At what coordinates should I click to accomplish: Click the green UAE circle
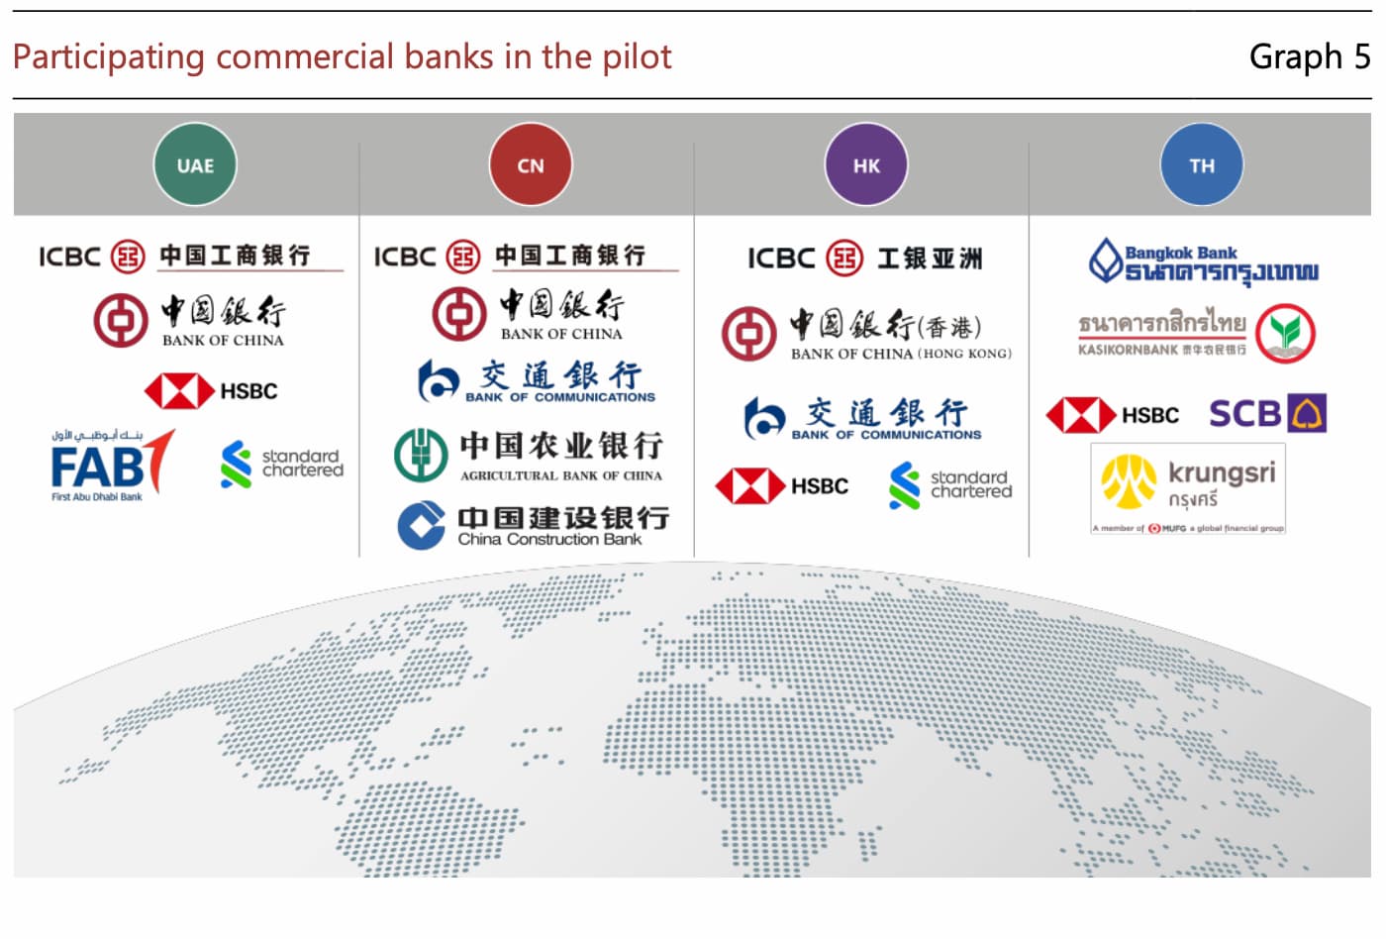click(x=195, y=164)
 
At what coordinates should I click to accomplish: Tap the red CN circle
click(x=531, y=164)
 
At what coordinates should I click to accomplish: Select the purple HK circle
click(x=866, y=164)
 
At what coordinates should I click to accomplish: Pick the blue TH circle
click(x=1202, y=164)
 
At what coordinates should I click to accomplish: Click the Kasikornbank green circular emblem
click(x=1285, y=334)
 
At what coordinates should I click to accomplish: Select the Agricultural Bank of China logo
click(x=529, y=455)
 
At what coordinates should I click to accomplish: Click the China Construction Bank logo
click(x=534, y=525)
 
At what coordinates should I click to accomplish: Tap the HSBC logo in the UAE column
click(x=211, y=391)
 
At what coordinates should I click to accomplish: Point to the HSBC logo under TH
click(x=1113, y=415)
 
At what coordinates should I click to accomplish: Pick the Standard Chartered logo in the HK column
click(x=950, y=485)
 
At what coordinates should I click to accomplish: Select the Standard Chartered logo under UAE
click(x=282, y=464)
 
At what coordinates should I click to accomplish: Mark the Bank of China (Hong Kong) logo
click(x=866, y=334)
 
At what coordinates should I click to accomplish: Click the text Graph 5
click(x=1309, y=56)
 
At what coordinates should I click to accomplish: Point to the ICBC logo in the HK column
click(x=865, y=259)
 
